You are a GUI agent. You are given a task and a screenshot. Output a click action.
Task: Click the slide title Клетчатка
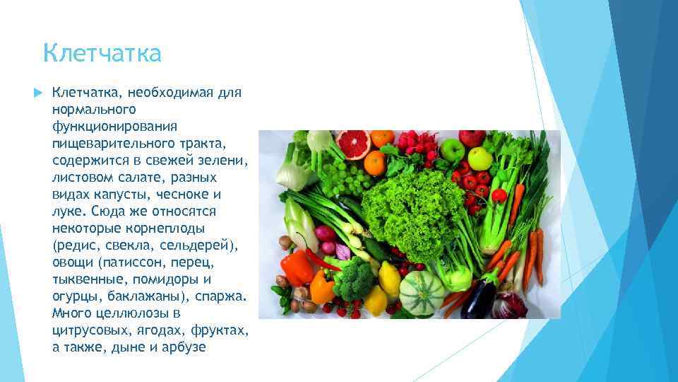(102, 53)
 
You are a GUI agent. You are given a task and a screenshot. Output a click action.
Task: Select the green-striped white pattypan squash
(422, 289)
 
